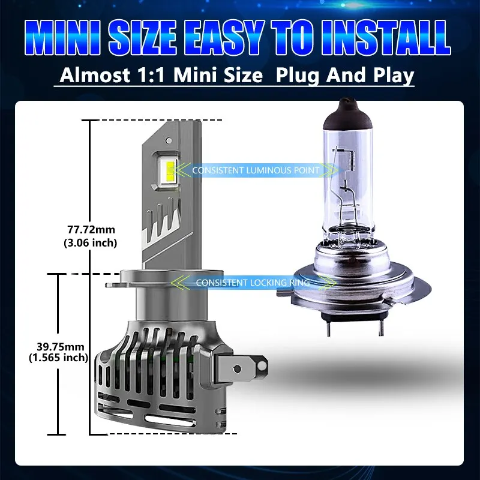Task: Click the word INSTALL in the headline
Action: tap(386, 38)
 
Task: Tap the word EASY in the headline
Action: tap(223, 38)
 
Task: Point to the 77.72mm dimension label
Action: tap(91, 229)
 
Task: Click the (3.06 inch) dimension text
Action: tap(91, 243)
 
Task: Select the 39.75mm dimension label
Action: tap(61, 347)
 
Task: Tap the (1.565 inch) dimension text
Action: tap(58, 357)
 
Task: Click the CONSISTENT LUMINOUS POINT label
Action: tap(256, 170)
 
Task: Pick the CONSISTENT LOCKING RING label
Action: tap(253, 283)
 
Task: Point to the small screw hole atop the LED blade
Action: tap(169, 140)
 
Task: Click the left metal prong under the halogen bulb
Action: tap(328, 328)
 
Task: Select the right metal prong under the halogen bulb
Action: tap(381, 328)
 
